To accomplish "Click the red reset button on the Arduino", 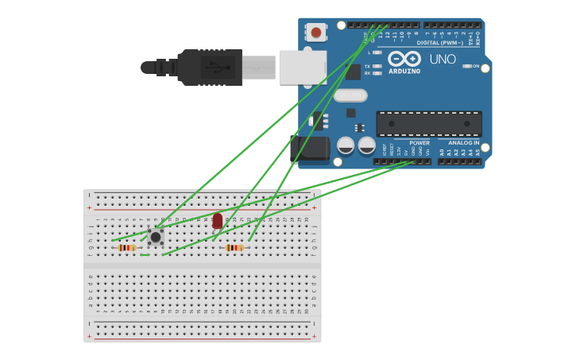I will [x=316, y=33].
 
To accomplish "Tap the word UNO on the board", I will [x=443, y=60].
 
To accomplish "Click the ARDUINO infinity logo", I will [x=404, y=60].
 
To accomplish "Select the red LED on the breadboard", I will [x=218, y=221].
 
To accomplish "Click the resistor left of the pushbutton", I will [x=126, y=248].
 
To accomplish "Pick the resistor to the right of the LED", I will [x=234, y=248].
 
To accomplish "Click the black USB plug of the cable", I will [x=210, y=68].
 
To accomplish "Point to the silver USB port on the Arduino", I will [x=303, y=67].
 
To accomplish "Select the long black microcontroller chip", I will [x=428, y=124].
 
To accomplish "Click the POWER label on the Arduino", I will [x=419, y=143].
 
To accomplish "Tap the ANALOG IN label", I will [x=463, y=143].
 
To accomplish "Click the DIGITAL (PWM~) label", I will [x=436, y=42].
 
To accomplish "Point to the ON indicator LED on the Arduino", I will [x=467, y=66].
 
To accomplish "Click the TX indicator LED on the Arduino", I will [x=377, y=66].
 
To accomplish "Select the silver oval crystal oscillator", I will [x=350, y=95].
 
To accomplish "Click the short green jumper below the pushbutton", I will [x=145, y=255].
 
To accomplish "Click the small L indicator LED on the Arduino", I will [x=377, y=52].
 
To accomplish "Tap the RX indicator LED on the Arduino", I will [x=377, y=73].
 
